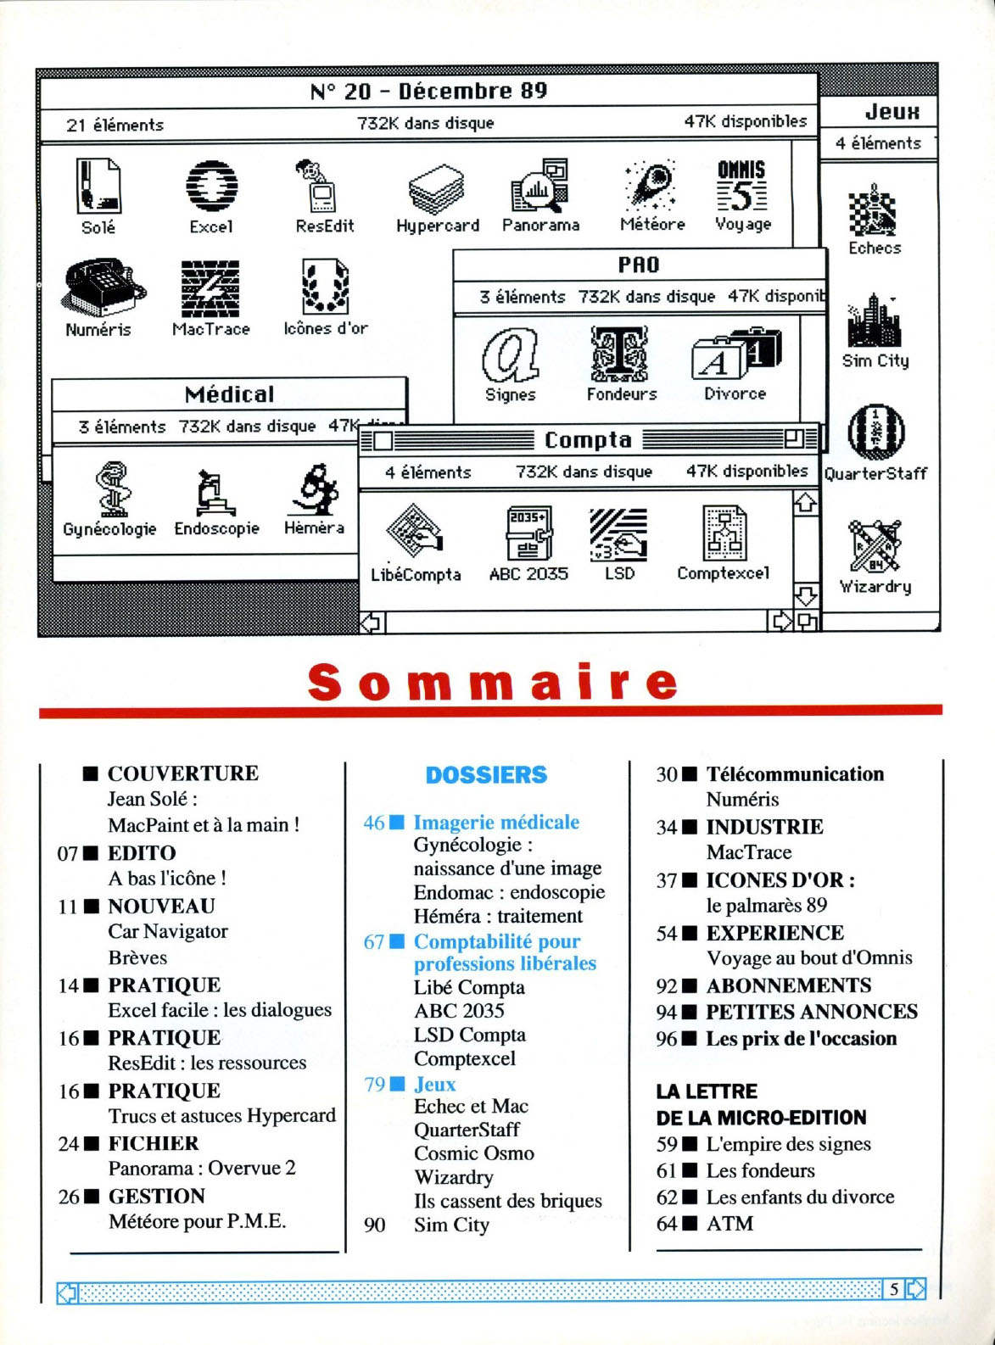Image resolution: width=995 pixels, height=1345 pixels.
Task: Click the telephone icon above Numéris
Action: click(x=100, y=287)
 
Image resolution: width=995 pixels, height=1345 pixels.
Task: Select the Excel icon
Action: click(x=211, y=186)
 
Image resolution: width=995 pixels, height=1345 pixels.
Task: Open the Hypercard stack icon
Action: click(x=437, y=188)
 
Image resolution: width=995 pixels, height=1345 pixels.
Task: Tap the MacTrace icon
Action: click(x=210, y=288)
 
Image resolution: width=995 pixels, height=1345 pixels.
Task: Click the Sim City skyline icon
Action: click(x=875, y=321)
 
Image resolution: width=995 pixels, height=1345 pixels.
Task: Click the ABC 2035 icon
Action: click(x=528, y=533)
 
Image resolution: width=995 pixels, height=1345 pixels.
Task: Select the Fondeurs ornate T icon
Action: click(x=620, y=354)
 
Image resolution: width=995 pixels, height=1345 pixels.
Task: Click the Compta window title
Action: click(x=588, y=439)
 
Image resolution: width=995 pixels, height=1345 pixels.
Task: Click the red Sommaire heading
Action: click(x=493, y=682)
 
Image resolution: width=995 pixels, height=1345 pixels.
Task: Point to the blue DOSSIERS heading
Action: click(x=486, y=775)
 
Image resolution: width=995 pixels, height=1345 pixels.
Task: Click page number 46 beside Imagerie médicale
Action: click(x=374, y=823)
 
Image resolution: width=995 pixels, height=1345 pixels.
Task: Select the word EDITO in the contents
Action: click(x=142, y=853)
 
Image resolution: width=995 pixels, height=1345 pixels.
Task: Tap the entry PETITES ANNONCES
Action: click(x=812, y=1012)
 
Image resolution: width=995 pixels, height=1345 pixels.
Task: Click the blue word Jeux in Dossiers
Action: click(x=434, y=1084)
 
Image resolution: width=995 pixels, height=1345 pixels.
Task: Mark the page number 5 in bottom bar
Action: click(x=894, y=1289)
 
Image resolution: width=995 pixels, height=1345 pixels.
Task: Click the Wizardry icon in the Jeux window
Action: click(x=875, y=546)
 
